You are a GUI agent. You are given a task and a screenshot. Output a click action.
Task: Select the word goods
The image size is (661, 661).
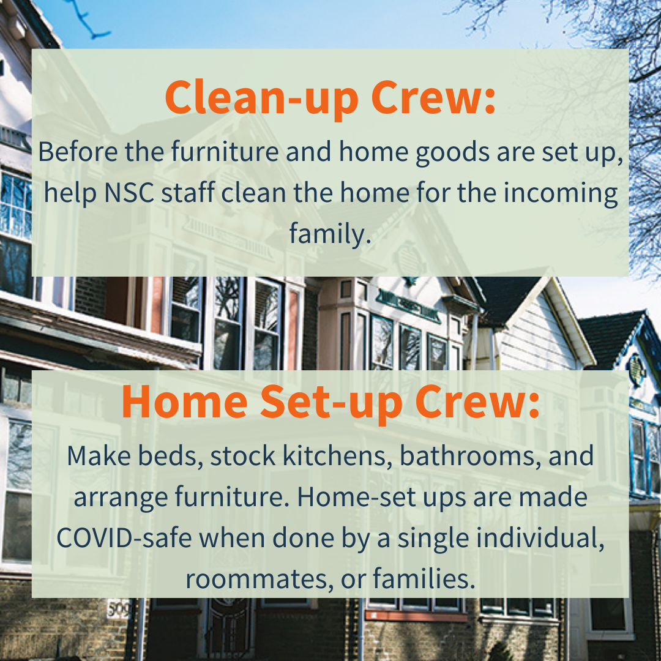point(452,153)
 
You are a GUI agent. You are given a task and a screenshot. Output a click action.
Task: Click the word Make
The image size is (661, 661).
point(99,456)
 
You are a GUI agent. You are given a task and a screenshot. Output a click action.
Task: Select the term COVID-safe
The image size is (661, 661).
point(124,538)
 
